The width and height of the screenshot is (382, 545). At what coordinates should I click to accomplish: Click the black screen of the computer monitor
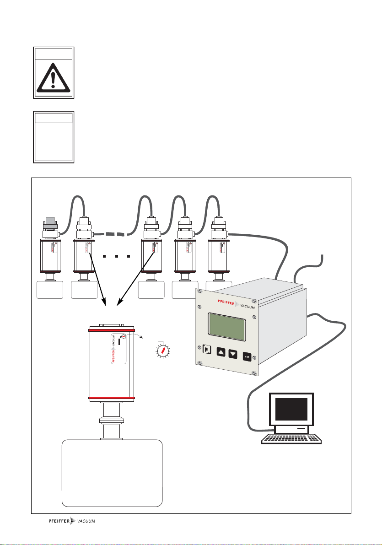(291, 410)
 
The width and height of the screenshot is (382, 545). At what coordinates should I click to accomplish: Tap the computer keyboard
(291, 438)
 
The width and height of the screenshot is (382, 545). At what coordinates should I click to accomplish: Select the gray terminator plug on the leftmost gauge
(49, 224)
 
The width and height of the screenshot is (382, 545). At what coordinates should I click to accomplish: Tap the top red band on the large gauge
(111, 329)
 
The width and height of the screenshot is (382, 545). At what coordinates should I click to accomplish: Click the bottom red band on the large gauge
(111, 398)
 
